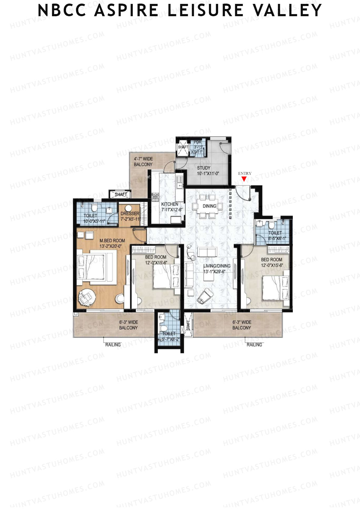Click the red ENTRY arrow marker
point(244,179)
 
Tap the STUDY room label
point(204,168)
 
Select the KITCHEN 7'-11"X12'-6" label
point(170,207)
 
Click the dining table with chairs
point(208,206)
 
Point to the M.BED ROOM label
point(112,241)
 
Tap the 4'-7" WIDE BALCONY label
point(143,161)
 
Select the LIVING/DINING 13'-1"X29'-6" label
point(217,268)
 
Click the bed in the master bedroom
point(93,267)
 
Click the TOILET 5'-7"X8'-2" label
point(169,336)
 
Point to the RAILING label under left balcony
point(113,345)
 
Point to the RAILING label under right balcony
point(254,345)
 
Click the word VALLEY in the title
point(287,10)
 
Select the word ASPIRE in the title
point(126,10)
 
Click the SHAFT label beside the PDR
point(183,147)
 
